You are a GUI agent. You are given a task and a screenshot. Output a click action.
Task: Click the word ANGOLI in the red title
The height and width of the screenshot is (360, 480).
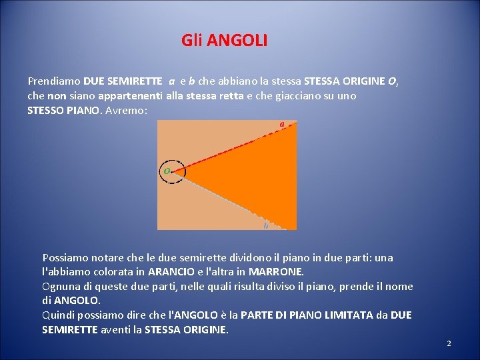click(x=237, y=41)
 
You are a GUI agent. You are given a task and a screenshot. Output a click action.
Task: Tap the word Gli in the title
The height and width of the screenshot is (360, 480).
click(x=192, y=41)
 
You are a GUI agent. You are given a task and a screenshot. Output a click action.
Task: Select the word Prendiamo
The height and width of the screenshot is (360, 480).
click(x=54, y=81)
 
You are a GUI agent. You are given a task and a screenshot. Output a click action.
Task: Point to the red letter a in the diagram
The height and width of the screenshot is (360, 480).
click(x=282, y=124)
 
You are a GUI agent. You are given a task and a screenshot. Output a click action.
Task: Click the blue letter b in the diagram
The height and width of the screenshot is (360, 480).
click(x=265, y=226)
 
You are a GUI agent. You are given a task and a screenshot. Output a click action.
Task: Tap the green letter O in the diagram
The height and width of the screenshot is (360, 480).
click(x=167, y=171)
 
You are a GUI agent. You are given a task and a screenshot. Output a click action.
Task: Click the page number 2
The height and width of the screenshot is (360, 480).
click(x=449, y=343)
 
